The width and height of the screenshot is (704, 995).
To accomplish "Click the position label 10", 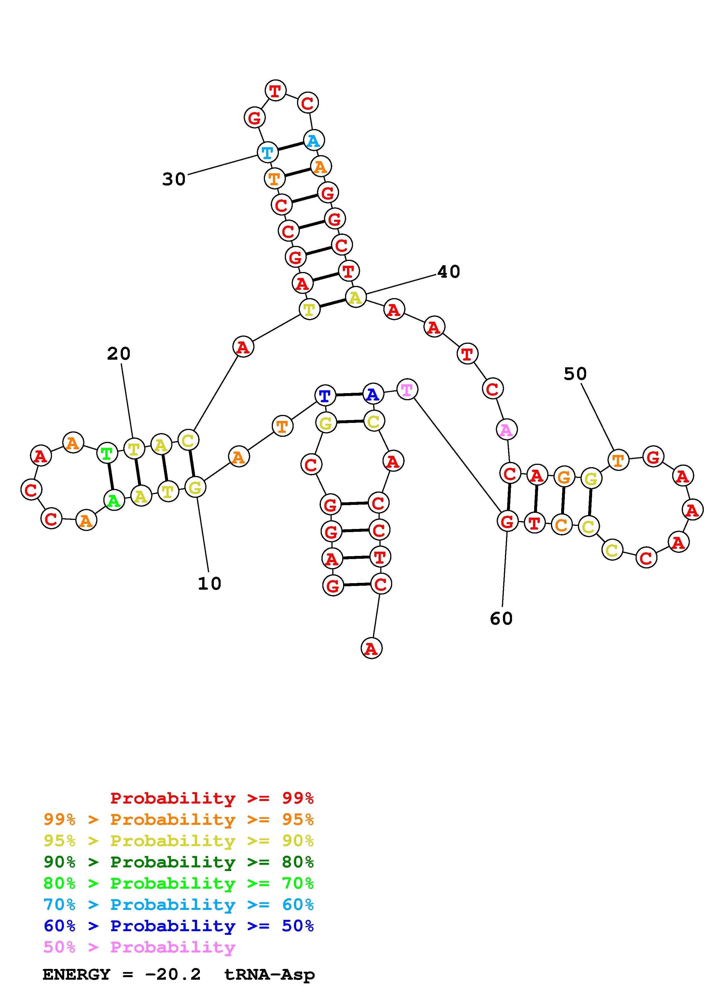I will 210,584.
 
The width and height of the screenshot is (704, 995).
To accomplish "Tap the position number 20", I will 118,354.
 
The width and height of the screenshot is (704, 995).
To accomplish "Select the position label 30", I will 174,179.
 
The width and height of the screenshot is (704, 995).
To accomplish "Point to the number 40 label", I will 448,272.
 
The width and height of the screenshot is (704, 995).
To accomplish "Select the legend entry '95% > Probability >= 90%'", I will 179,841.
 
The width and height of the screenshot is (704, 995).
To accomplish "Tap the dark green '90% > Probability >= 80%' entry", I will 179,862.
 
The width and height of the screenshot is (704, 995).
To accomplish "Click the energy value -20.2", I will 173,975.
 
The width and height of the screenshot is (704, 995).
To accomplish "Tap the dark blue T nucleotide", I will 325,395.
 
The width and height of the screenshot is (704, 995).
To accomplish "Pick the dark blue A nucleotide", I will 373,394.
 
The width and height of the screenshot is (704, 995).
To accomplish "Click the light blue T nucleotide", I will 268,152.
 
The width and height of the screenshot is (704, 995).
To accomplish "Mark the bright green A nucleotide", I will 114,501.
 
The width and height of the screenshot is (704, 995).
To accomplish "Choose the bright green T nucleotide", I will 107,453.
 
